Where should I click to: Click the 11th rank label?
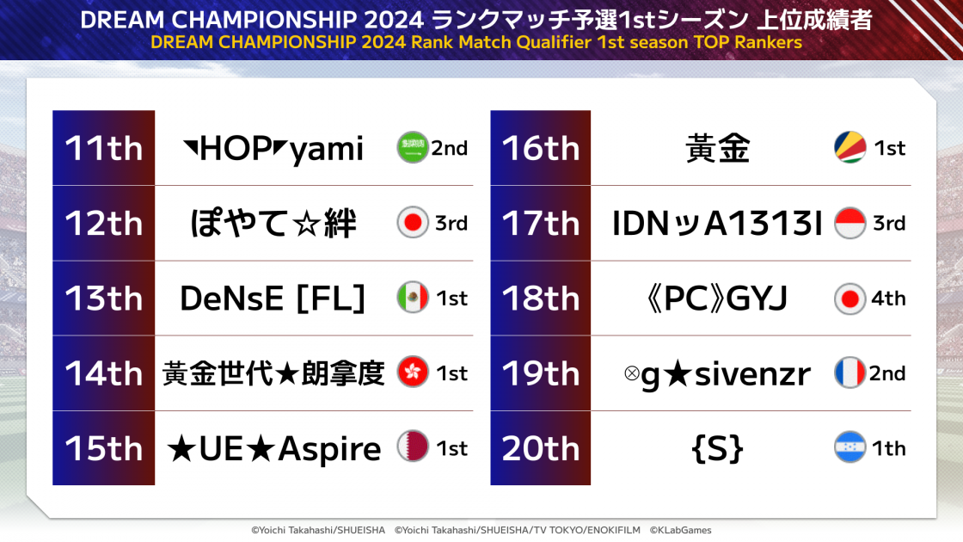104,148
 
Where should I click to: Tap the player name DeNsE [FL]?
273,299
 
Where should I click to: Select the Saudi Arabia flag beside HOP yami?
413,147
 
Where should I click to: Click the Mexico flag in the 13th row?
413,298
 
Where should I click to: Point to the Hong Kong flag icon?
413,373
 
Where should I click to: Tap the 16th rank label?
541,148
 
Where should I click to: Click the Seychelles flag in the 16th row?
850,147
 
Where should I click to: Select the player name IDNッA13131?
717,223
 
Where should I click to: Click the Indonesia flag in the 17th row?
850,223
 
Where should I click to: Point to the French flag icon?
850,373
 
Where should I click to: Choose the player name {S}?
717,448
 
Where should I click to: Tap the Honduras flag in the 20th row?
850,447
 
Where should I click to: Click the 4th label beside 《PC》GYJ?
889,299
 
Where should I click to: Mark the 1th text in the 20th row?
889,448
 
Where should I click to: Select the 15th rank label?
104,448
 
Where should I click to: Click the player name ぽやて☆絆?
273,223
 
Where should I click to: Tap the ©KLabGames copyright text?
680,530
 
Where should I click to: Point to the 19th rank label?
541,373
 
